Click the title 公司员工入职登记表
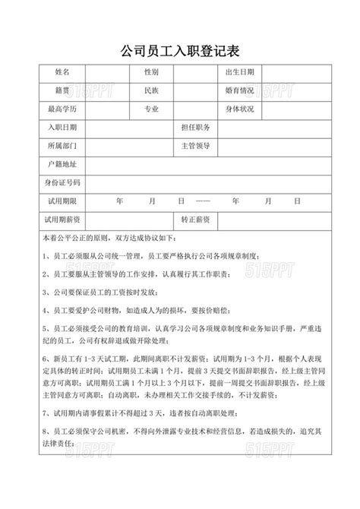click(x=180, y=51)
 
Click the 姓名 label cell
click(x=62, y=72)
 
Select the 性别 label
click(x=151, y=72)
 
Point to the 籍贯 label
click(x=62, y=90)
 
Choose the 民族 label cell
click(x=151, y=90)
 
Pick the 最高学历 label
click(x=62, y=109)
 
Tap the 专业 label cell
click(x=151, y=109)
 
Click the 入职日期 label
click(x=62, y=128)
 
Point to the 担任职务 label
click(x=196, y=128)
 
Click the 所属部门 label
click(x=62, y=145)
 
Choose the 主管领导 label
click(x=196, y=145)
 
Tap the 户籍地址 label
click(x=62, y=164)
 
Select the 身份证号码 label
click(x=62, y=182)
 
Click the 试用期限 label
click(x=62, y=201)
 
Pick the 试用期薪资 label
click(x=62, y=219)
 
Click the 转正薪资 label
click(x=196, y=219)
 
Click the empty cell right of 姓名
click(x=106, y=72)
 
